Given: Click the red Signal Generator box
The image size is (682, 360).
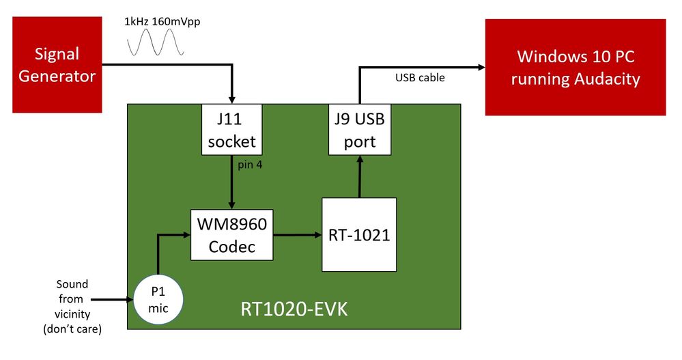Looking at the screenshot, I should (57, 66).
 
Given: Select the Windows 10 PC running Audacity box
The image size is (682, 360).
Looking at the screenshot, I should (575, 67).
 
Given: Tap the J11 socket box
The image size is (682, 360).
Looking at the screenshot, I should (231, 130).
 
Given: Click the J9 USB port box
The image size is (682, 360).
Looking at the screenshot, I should (360, 130).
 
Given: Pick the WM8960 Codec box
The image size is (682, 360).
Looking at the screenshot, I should (231, 235).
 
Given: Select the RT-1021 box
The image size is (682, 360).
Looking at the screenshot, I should (359, 234).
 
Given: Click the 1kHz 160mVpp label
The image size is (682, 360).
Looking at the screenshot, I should (162, 21).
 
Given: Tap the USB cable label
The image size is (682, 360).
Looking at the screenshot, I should (420, 78).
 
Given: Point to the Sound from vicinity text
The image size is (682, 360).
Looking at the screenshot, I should (71, 306).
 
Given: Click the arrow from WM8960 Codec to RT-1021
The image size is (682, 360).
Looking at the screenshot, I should (298, 235).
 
